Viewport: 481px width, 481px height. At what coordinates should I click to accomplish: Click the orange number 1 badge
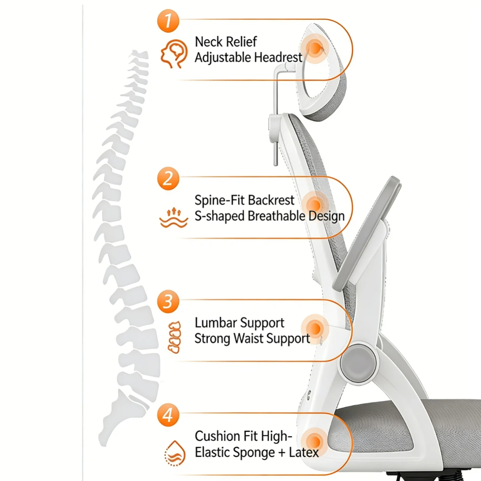click(168, 21)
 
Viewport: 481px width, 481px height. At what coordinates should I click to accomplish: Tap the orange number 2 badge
click(168, 179)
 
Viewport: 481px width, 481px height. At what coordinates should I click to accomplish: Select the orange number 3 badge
click(168, 302)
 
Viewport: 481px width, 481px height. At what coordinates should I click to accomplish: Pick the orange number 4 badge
click(168, 415)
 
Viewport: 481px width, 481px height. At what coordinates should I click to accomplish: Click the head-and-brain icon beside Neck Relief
click(174, 54)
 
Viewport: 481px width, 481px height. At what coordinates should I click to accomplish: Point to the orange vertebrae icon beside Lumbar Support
click(175, 337)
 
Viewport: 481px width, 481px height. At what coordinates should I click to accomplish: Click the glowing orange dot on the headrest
click(315, 48)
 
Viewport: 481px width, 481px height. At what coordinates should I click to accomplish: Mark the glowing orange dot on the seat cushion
click(315, 442)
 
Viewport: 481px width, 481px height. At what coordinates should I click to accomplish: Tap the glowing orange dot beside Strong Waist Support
click(315, 329)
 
